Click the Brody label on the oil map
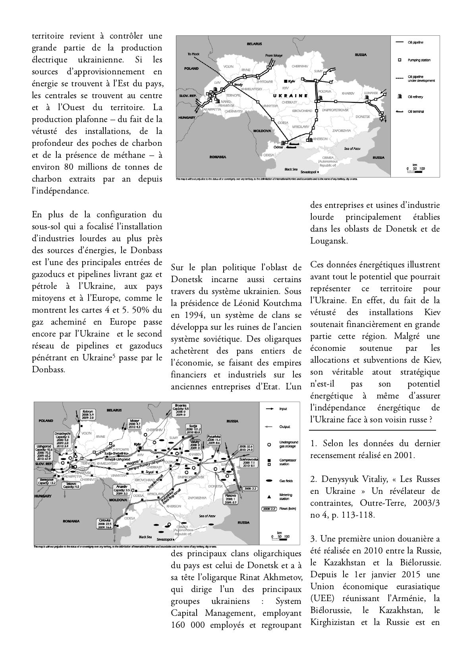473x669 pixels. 239,85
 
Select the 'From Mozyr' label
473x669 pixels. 274,55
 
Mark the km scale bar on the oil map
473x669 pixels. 415,170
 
